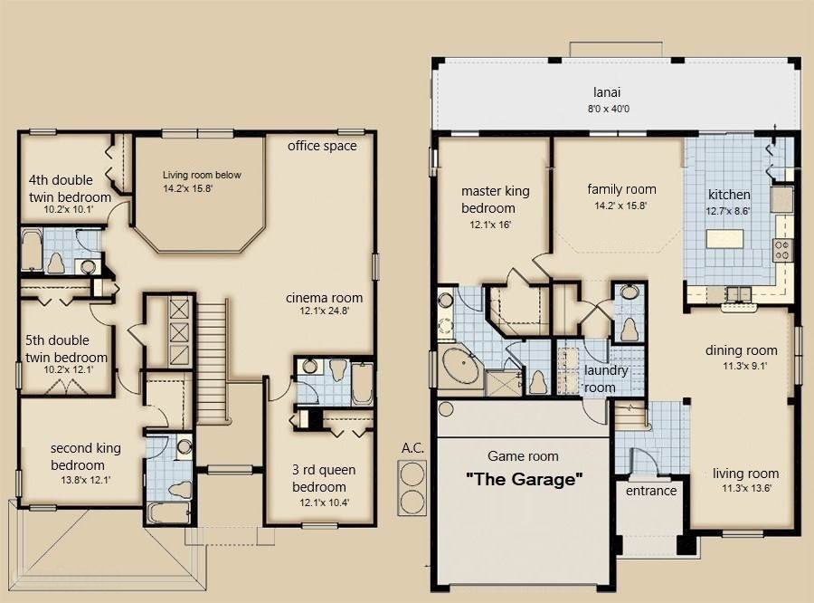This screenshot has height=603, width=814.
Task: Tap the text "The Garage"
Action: coord(524,479)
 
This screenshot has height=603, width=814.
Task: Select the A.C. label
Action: coord(412,448)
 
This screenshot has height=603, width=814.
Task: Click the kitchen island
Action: coord(729,240)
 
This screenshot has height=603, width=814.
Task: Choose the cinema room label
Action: coord(324,298)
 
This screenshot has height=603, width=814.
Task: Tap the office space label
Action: coord(322,146)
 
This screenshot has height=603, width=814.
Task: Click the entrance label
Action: coord(651,491)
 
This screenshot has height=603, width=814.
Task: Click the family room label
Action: coord(621,189)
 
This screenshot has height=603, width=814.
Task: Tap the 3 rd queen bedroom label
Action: coord(324,477)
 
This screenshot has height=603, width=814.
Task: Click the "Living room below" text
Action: coord(202,175)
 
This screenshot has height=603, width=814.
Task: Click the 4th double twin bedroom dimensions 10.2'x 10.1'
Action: coord(70,210)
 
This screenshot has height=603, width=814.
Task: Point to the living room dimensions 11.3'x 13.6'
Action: coord(745,489)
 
